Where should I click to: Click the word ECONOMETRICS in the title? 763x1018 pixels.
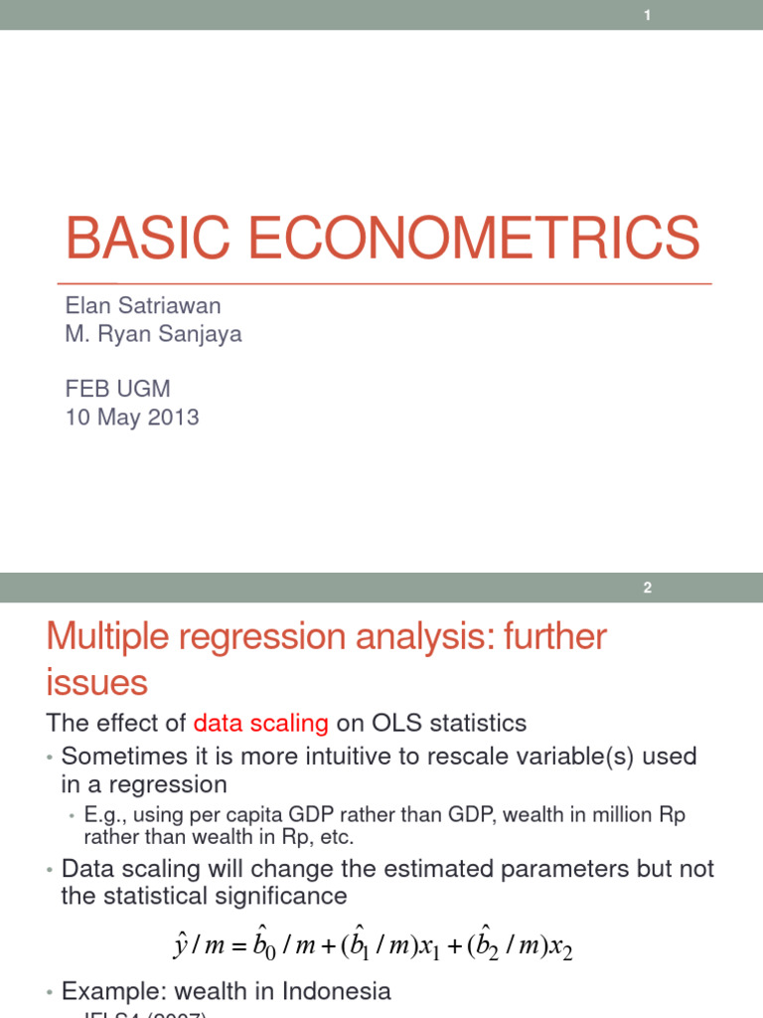472,240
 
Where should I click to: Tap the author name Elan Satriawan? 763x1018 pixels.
142,305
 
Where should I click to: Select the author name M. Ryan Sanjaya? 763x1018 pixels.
153,334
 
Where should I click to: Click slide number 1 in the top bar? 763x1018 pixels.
647,15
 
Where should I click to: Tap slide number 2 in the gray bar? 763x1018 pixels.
647,588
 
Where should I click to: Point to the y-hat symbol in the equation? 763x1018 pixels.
180,943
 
